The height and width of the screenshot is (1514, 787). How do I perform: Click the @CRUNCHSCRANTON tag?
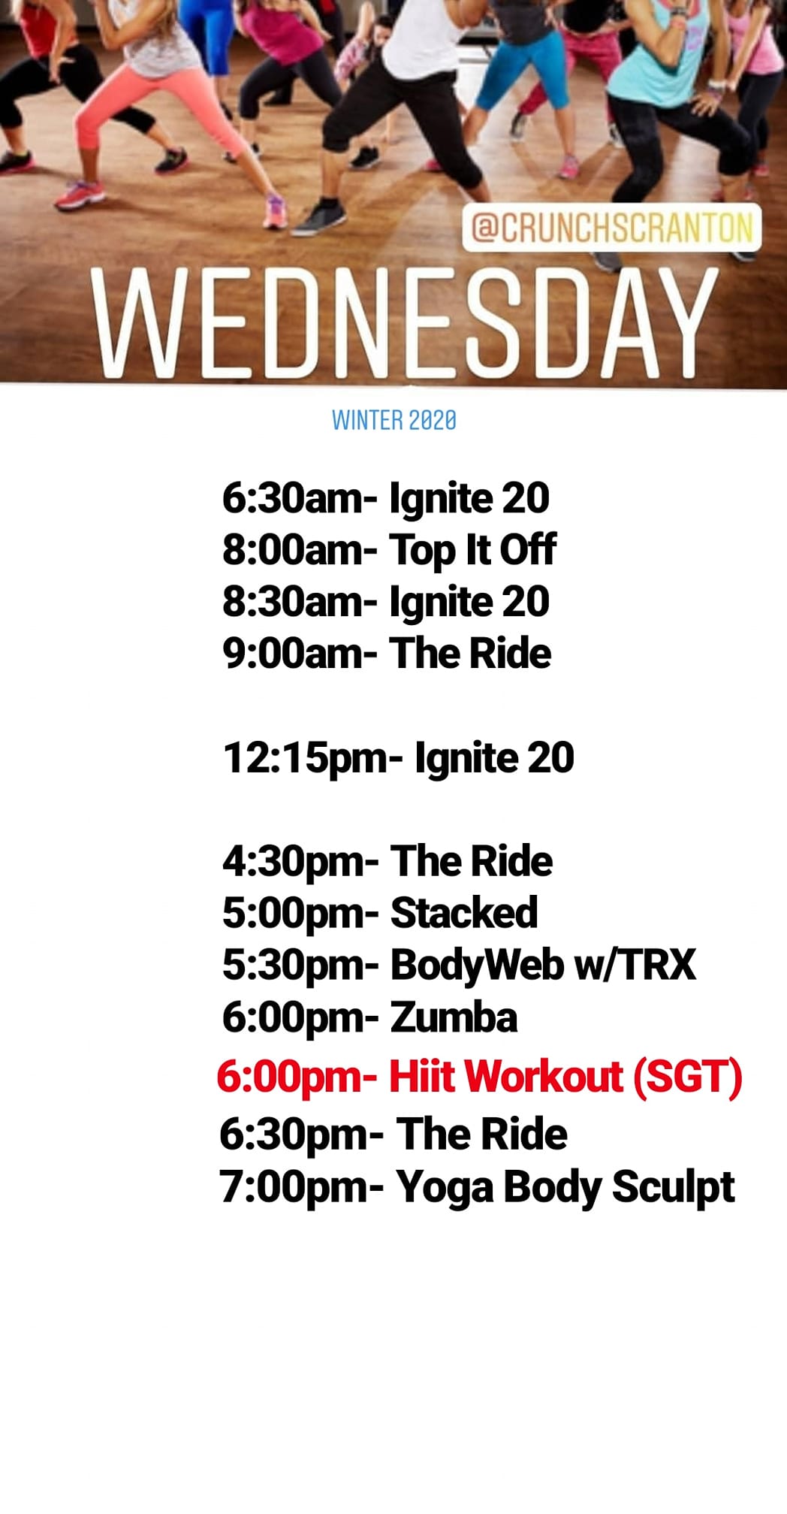pyautogui.click(x=611, y=228)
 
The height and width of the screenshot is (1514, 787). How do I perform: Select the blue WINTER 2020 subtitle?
pyautogui.click(x=394, y=420)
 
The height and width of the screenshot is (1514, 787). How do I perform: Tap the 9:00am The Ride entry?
pyautogui.click(x=387, y=653)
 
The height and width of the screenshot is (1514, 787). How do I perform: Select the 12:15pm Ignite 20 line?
pyautogui.click(x=399, y=758)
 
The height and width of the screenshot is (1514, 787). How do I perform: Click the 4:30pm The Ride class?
pyautogui.click(x=387, y=862)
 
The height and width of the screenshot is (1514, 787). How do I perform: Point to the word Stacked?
pyautogui.click(x=464, y=913)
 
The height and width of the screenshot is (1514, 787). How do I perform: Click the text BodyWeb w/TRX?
pyautogui.click(x=543, y=965)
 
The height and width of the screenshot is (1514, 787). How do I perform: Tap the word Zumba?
pyautogui.click(x=454, y=1017)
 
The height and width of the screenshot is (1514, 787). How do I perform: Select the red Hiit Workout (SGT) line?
pyautogui.click(x=479, y=1077)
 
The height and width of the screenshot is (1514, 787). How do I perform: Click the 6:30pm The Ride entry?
pyautogui.click(x=393, y=1135)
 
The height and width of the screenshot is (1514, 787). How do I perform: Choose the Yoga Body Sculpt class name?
pyautogui.click(x=565, y=1188)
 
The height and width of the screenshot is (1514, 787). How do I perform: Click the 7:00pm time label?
pyautogui.click(x=301, y=1188)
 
